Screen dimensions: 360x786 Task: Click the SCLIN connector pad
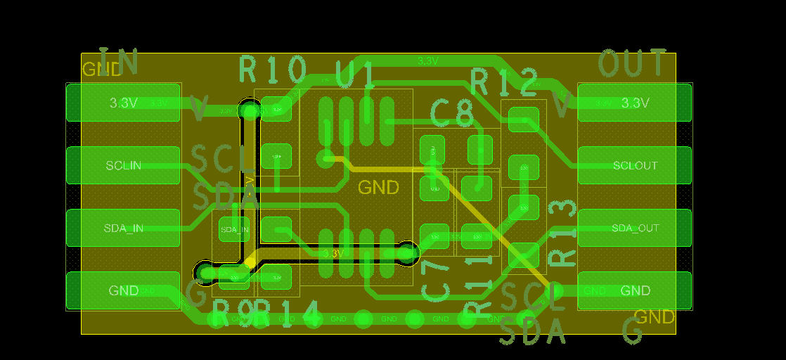(x=123, y=165)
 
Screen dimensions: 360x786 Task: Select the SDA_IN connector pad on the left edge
(x=123, y=228)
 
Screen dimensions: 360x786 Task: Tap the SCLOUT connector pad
(x=635, y=165)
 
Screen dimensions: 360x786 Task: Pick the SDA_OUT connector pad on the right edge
(x=635, y=228)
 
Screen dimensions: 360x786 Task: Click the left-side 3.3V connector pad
(x=123, y=103)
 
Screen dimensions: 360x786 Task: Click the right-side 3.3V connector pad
(x=635, y=103)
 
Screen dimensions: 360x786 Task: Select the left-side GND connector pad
(x=123, y=290)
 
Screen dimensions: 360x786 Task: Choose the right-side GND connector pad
(x=635, y=290)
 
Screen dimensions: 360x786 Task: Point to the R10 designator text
(x=273, y=70)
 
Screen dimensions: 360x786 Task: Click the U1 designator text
(x=354, y=74)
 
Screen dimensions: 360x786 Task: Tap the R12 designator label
(x=504, y=82)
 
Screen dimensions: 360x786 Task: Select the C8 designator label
(x=452, y=112)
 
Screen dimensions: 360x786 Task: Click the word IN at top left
(x=118, y=62)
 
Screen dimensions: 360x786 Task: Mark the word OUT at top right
(x=632, y=64)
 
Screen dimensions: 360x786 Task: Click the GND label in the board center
(x=378, y=188)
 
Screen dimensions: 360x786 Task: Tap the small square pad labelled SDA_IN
(x=234, y=229)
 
